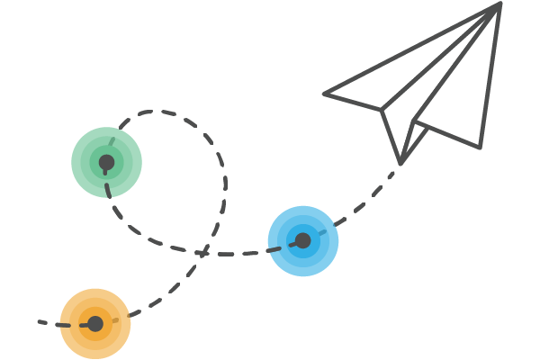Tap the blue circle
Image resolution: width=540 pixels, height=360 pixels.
(x=303, y=241)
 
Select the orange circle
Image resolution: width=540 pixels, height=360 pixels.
(x=95, y=324)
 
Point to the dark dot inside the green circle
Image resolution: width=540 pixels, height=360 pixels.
(x=106, y=163)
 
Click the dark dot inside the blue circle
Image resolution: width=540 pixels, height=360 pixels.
(x=303, y=240)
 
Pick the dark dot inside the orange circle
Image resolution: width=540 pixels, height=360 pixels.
(x=95, y=323)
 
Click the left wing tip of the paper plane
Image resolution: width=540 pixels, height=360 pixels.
(x=325, y=93)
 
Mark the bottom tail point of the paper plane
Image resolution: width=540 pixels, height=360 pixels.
(x=400, y=163)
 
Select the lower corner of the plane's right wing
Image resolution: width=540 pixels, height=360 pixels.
(x=480, y=147)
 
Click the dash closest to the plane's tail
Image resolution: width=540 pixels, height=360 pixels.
(x=394, y=174)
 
